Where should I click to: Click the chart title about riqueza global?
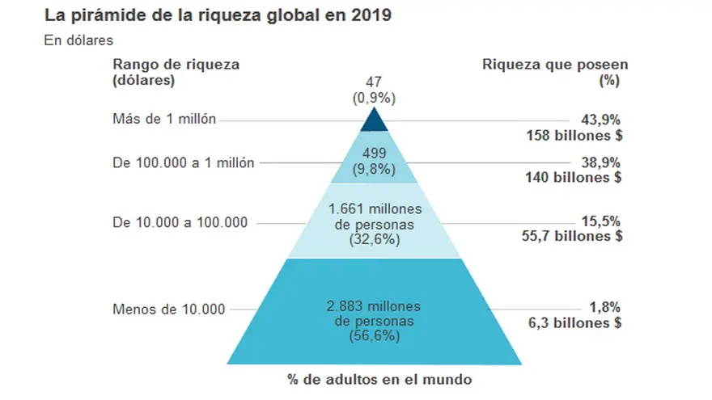point(218,16)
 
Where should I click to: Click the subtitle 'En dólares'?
point(78,40)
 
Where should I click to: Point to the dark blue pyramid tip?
point(373,120)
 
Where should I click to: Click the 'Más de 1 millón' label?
point(165,120)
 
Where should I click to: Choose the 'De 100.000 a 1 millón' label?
point(184,162)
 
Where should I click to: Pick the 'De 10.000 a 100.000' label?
point(180,222)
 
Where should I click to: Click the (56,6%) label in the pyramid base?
point(373,336)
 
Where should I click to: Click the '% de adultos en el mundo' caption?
point(373,378)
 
